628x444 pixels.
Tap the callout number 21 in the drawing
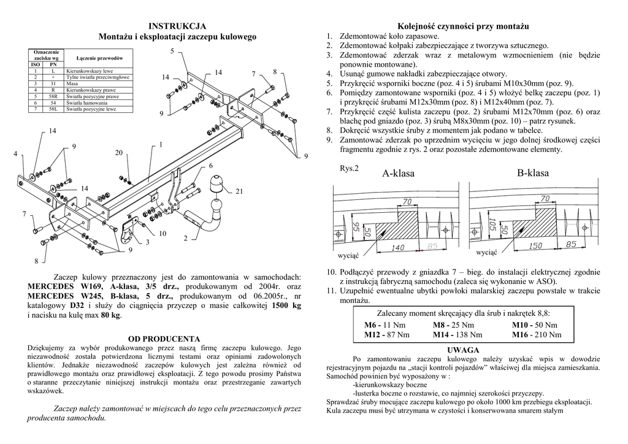tap(240, 192)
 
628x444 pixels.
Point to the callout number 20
tap(119, 153)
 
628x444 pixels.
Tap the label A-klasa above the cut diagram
tap(398, 174)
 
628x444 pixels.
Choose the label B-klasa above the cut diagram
tap(532, 173)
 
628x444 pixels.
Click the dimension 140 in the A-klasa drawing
tap(397, 248)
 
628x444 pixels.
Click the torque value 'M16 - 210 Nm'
tap(537, 335)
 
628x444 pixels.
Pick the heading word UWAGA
tap(464, 350)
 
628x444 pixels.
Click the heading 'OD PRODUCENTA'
tap(163, 339)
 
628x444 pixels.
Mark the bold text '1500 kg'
tap(286, 305)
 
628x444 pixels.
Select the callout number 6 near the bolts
tap(210, 166)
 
